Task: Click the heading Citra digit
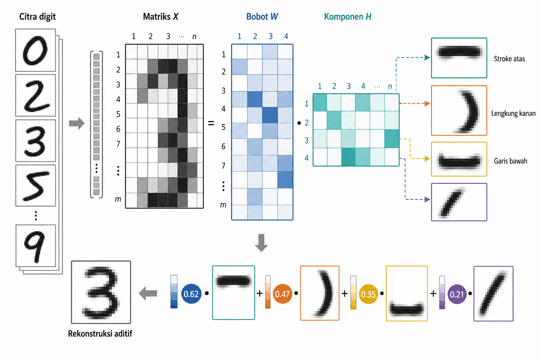click(x=37, y=17)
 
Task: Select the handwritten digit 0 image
click(x=36, y=50)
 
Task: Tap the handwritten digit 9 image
click(x=36, y=246)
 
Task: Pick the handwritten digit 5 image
click(x=36, y=185)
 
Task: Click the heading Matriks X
click(x=161, y=17)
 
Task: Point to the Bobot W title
click(x=262, y=17)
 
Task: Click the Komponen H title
click(x=348, y=17)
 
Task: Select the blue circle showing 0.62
click(x=191, y=294)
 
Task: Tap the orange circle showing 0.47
click(x=282, y=294)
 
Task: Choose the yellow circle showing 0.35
click(x=368, y=294)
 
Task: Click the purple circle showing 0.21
click(x=457, y=294)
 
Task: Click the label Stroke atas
click(x=509, y=59)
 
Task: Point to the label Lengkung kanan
click(x=513, y=113)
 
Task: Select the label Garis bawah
click(x=510, y=161)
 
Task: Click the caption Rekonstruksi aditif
click(x=100, y=334)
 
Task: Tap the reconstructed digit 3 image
click(x=101, y=292)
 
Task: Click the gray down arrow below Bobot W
click(x=261, y=243)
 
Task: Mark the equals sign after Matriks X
click(x=211, y=123)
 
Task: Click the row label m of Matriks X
click(x=118, y=199)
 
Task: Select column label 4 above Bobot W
click(x=286, y=36)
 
